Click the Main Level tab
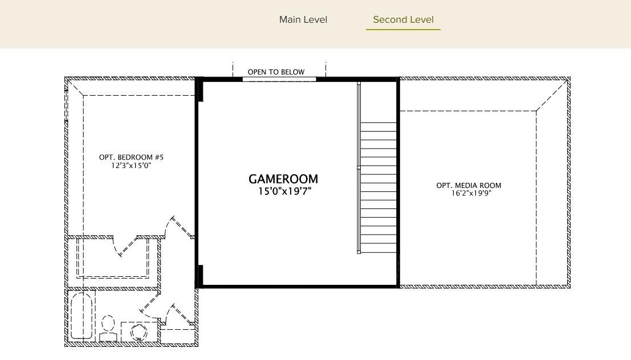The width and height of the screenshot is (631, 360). pos(303,20)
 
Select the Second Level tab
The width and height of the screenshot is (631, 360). pos(403,20)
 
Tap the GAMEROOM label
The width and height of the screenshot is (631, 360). pos(283,179)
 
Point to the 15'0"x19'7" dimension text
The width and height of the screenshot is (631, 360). pos(284,191)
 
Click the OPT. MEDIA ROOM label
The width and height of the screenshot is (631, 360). pos(469,185)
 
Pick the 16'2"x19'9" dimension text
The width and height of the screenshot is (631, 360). pos(471,193)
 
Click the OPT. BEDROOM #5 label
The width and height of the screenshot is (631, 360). pos(131,157)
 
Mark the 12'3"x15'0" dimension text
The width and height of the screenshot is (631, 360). pos(131,166)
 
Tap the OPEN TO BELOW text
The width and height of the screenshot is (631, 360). pos(276,72)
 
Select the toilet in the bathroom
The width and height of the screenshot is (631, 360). pos(108,329)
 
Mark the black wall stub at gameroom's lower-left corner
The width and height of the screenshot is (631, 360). pos(200,276)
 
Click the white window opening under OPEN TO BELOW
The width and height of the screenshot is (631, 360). pos(279,79)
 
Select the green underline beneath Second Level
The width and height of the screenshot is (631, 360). pos(403,29)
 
